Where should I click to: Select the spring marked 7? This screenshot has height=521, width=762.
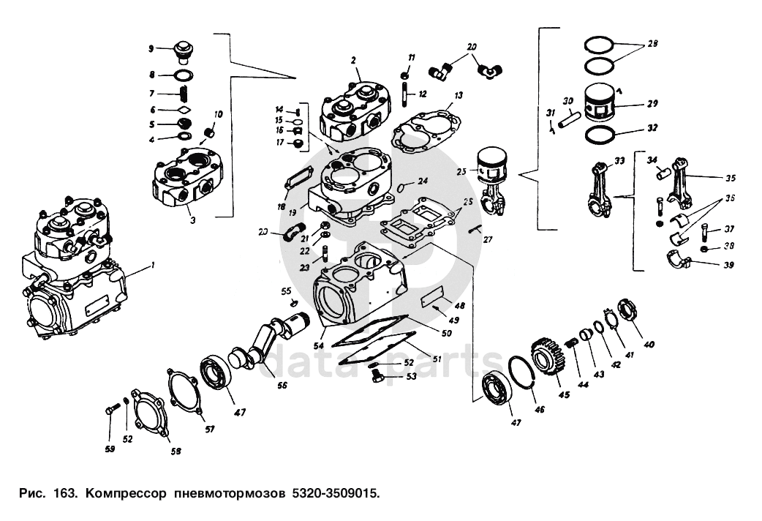pyautogui.click(x=185, y=94)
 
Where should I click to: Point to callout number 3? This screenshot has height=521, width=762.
pyautogui.click(x=192, y=219)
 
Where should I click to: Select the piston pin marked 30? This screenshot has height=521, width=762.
pyautogui.click(x=570, y=119)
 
